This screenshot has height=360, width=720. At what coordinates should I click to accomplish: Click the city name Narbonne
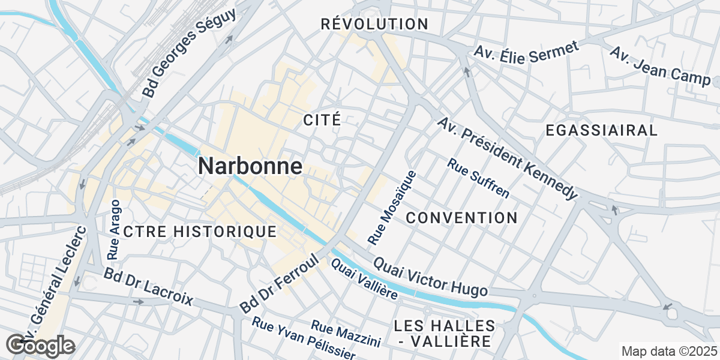coord(250,166)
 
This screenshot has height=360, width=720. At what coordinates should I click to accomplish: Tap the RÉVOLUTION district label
coord(374,25)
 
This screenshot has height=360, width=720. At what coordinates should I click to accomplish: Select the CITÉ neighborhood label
coord(322,119)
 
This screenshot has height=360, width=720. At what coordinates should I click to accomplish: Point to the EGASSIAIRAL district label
coord(602,130)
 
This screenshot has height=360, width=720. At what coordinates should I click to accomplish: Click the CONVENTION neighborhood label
coord(461,218)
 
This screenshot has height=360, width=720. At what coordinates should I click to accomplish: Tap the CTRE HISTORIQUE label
coord(200,232)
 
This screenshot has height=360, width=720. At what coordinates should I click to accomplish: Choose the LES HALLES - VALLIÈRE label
coord(445,334)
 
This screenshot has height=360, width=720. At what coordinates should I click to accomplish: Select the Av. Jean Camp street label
coord(660,65)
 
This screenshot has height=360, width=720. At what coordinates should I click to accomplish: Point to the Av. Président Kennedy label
coord(507,158)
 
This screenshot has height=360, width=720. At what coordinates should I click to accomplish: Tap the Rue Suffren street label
coord(478,178)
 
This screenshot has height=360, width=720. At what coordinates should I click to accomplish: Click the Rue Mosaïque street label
coord(392,208)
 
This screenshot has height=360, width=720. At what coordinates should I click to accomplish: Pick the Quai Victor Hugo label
coord(430,277)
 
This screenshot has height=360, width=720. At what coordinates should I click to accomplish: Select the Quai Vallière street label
coord(364,280)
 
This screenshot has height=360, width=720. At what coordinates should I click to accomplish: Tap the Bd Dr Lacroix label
coord(148,287)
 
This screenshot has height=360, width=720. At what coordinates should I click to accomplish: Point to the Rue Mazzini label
coord(346,333)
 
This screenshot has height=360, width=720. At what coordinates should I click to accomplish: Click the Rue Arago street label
coord(113,230)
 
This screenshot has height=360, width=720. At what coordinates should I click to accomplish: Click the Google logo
coord(41,346)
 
